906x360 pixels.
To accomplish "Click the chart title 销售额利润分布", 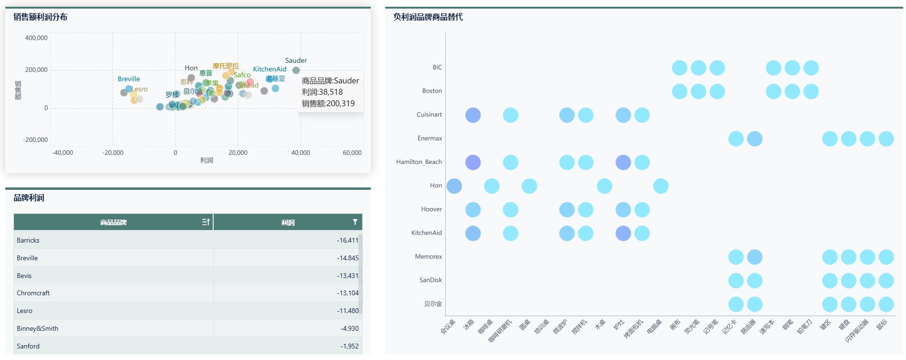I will click(x=40, y=17).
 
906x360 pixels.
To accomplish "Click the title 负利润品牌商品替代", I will click(x=428, y=17).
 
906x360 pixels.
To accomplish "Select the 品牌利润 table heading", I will click(x=29, y=198).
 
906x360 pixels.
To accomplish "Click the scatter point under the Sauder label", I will click(x=296, y=70).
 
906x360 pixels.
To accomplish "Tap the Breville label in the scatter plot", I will click(x=129, y=79).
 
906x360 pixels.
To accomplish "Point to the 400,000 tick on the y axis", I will click(x=36, y=38).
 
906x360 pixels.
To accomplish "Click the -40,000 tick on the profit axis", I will click(x=62, y=153).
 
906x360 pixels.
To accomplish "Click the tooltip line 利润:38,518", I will click(x=322, y=92).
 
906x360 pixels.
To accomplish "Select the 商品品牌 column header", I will click(x=113, y=222).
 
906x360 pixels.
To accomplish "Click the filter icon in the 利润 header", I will click(x=355, y=222).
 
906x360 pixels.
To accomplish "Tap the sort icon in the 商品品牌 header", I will click(x=206, y=222).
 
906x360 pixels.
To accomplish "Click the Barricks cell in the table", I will click(x=28, y=241).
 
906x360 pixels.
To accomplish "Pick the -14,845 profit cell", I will click(x=347, y=258).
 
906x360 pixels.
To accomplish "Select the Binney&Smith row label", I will click(x=37, y=329).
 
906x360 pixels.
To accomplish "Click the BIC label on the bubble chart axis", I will click(x=437, y=68).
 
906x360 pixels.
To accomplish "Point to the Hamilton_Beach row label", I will click(x=419, y=162).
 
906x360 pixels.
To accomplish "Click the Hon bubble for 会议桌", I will click(x=454, y=186).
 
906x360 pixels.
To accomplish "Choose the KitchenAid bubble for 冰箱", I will click(x=473, y=233).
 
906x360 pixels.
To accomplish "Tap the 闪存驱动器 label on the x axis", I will click(x=857, y=331).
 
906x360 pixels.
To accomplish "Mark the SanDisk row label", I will click(x=430, y=280).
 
